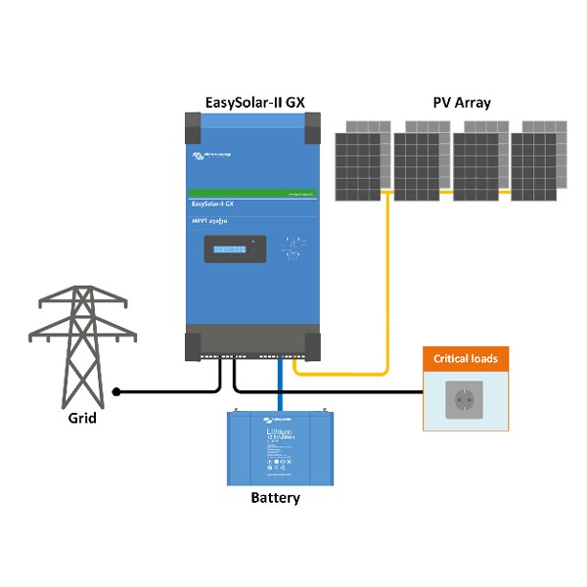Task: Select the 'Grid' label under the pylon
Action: point(82,418)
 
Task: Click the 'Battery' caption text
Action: point(275,498)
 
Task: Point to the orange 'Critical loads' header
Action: point(466,359)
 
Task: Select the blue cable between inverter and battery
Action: point(278,386)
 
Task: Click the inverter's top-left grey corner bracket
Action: point(195,125)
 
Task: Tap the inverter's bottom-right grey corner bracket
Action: point(312,345)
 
